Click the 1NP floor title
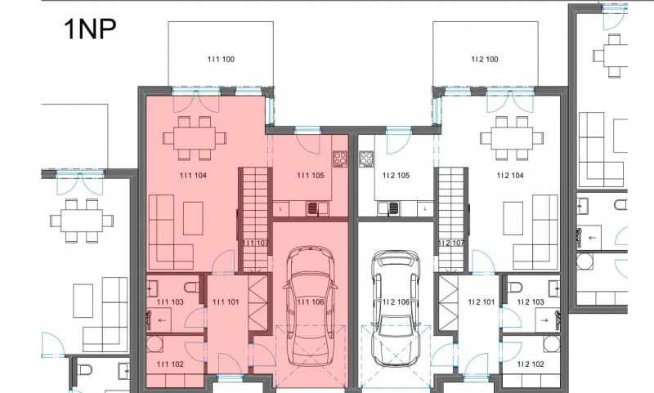click(x=90, y=29)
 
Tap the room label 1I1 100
click(x=221, y=59)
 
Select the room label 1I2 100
click(x=485, y=59)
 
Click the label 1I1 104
click(x=193, y=176)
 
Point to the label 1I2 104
click(x=510, y=176)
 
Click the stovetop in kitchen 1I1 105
click(x=340, y=159)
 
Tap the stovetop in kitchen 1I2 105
click(x=366, y=159)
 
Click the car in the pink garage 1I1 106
click(x=310, y=306)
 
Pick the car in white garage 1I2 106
click(x=396, y=308)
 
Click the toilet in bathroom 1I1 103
click(x=192, y=287)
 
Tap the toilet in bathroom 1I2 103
click(x=515, y=287)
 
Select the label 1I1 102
click(x=170, y=364)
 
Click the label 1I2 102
click(x=531, y=364)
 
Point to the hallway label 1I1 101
click(x=226, y=301)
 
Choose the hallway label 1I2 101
click(x=482, y=301)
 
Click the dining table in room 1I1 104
click(x=195, y=138)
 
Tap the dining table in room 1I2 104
click(x=512, y=138)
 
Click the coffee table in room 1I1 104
click(x=193, y=218)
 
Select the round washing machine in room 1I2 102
click(x=551, y=343)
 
